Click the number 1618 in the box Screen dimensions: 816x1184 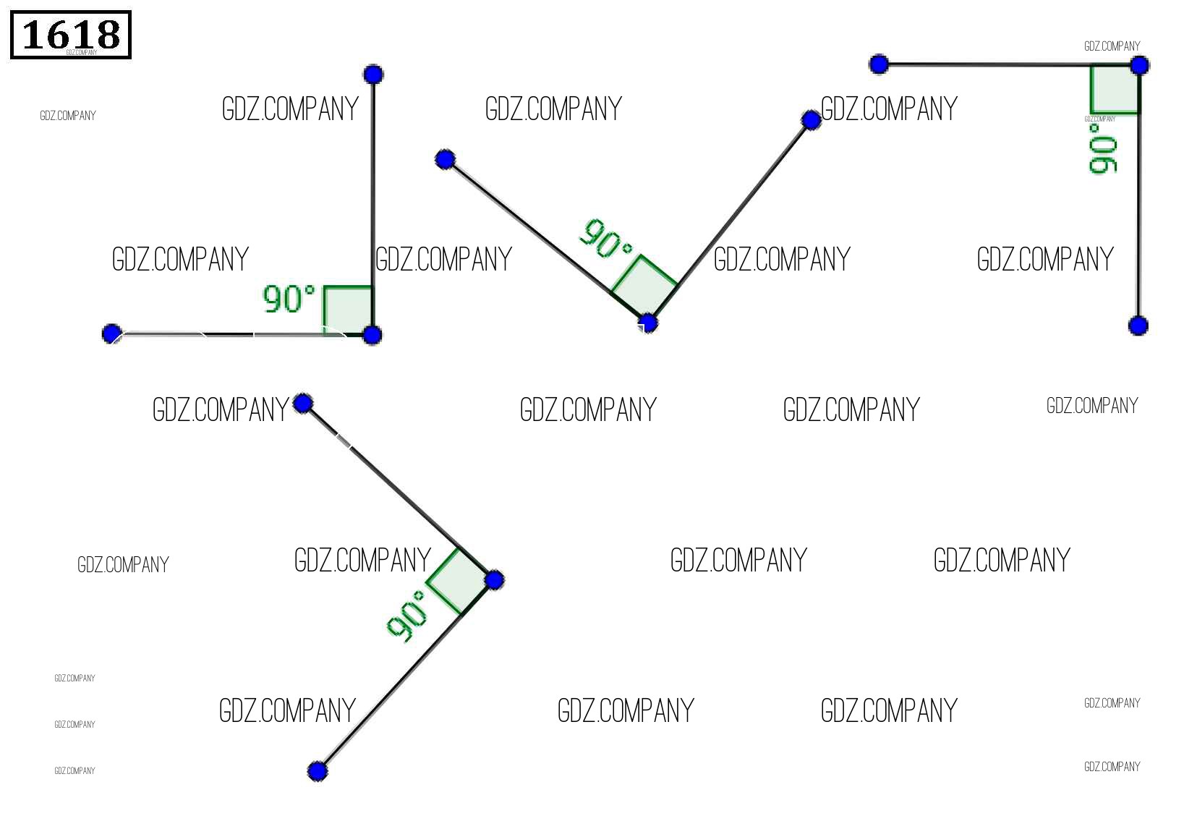coord(71,34)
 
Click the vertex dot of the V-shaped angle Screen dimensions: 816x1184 coord(648,323)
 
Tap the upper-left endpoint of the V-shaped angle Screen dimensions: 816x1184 coord(446,159)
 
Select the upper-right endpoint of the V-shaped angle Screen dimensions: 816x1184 coord(812,120)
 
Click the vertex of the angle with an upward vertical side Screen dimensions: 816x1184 coord(372,335)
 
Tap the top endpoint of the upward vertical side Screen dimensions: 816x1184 coord(373,74)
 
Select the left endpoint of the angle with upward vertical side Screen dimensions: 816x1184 coord(111,333)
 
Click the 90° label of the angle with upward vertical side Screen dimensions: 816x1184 coord(289,298)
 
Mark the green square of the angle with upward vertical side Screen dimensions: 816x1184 coord(348,310)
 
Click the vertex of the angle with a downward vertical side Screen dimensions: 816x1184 coord(1139,66)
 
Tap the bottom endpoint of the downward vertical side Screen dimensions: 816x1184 coord(1138,326)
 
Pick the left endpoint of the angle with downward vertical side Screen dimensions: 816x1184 coord(879,64)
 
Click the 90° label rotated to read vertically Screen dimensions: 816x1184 coord(1103,149)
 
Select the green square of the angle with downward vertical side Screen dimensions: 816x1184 coord(1115,89)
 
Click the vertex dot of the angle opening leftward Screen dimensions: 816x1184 coord(495,579)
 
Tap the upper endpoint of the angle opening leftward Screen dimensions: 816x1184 coord(304,403)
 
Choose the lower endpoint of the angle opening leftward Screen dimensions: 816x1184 coord(317,771)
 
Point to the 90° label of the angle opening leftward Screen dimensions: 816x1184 coord(407,616)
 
